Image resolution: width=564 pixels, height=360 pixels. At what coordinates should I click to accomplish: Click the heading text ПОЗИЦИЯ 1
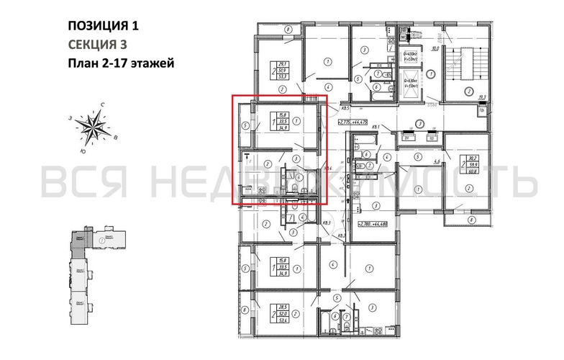[x=102, y=27]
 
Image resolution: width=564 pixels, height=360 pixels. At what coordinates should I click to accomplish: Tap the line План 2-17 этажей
[x=120, y=63]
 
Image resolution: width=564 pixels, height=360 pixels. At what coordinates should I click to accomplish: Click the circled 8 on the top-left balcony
[x=286, y=29]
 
